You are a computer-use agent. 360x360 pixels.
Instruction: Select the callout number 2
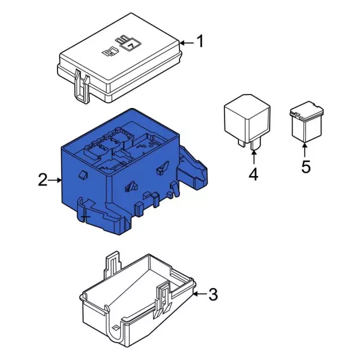[43, 180]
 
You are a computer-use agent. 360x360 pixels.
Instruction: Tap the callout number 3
[213, 294]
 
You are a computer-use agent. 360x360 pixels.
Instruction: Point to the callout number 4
[253, 175]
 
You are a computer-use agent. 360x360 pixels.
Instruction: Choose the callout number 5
[305, 167]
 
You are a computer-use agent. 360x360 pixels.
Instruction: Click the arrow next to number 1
[187, 42]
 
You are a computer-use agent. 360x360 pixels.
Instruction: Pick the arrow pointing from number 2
[55, 180]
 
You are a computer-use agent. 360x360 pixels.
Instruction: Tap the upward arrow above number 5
[305, 149]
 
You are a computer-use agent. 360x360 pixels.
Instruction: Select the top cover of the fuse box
[121, 65]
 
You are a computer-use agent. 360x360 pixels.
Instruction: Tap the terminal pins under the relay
[249, 144]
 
